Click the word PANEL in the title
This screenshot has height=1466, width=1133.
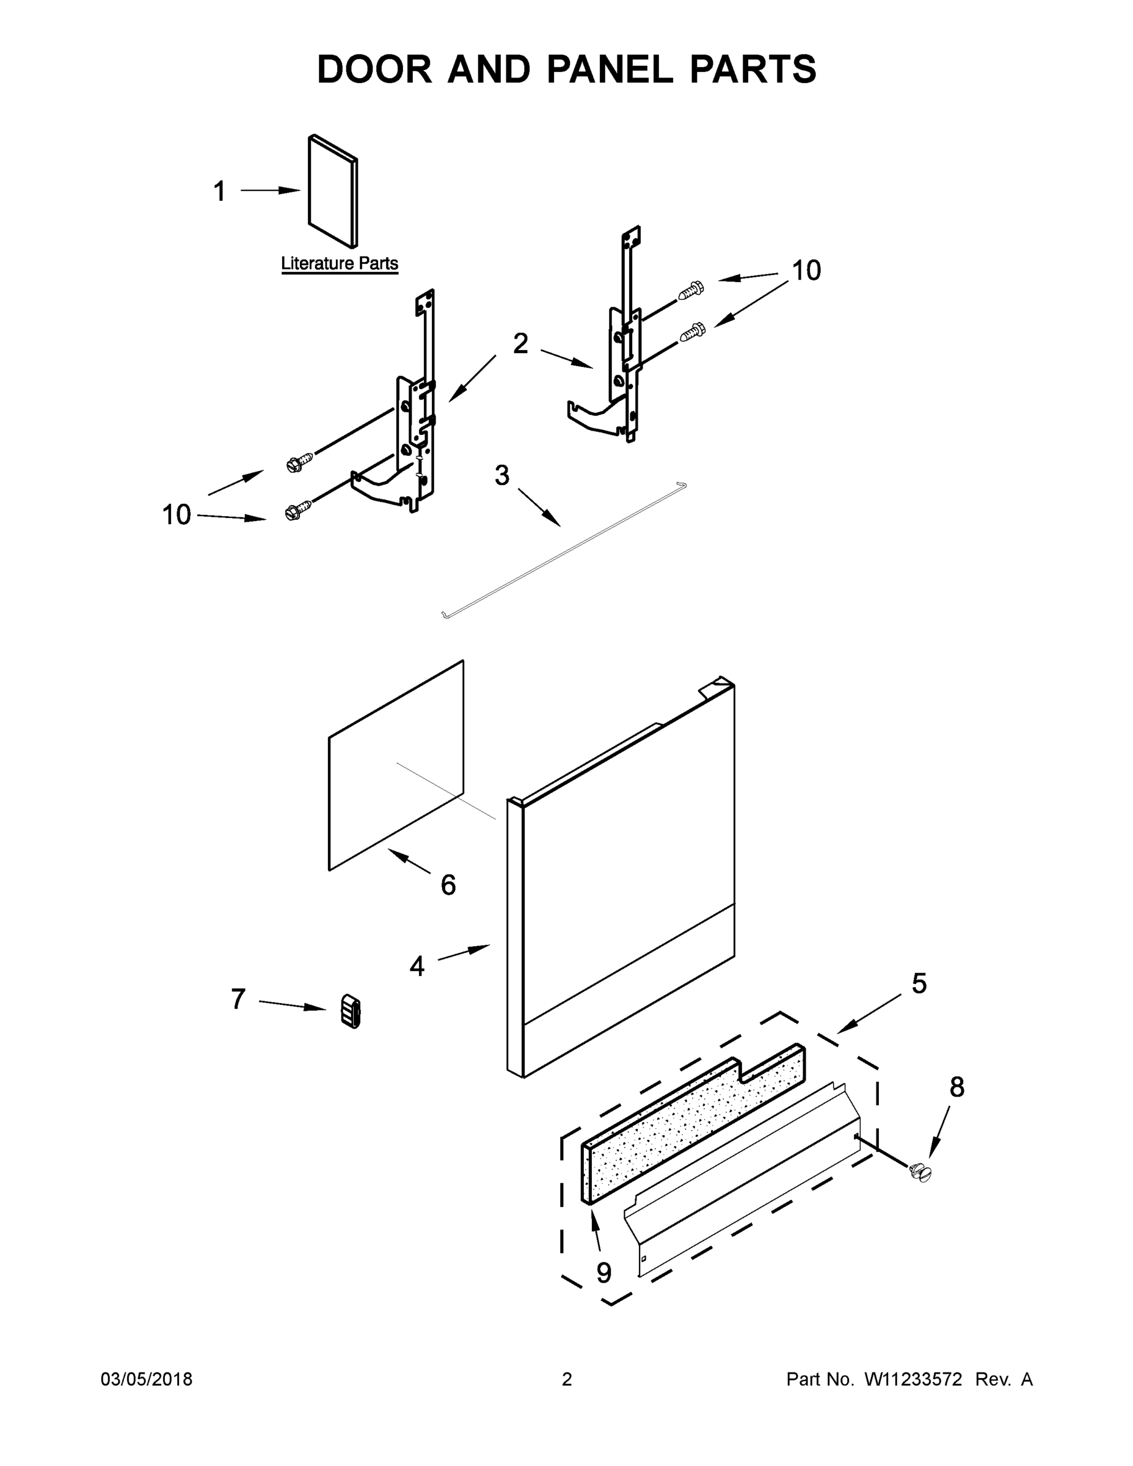pyautogui.click(x=610, y=69)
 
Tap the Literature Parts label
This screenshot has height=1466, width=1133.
pyautogui.click(x=339, y=263)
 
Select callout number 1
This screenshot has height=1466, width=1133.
pyautogui.click(x=219, y=191)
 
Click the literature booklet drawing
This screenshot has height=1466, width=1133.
pyautogui.click(x=333, y=192)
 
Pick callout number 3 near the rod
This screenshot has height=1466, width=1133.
pyautogui.click(x=502, y=475)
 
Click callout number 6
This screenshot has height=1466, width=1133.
pyautogui.click(x=448, y=884)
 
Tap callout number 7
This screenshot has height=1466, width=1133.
pyautogui.click(x=238, y=999)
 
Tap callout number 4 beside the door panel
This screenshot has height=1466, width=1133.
pyautogui.click(x=417, y=966)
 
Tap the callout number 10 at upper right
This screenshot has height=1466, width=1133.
pyautogui.click(x=806, y=271)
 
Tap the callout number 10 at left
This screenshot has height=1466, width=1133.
pyautogui.click(x=177, y=515)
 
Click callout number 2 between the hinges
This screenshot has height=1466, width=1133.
pyautogui.click(x=521, y=344)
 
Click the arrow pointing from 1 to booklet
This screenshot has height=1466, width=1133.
pyautogui.click(x=270, y=191)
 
